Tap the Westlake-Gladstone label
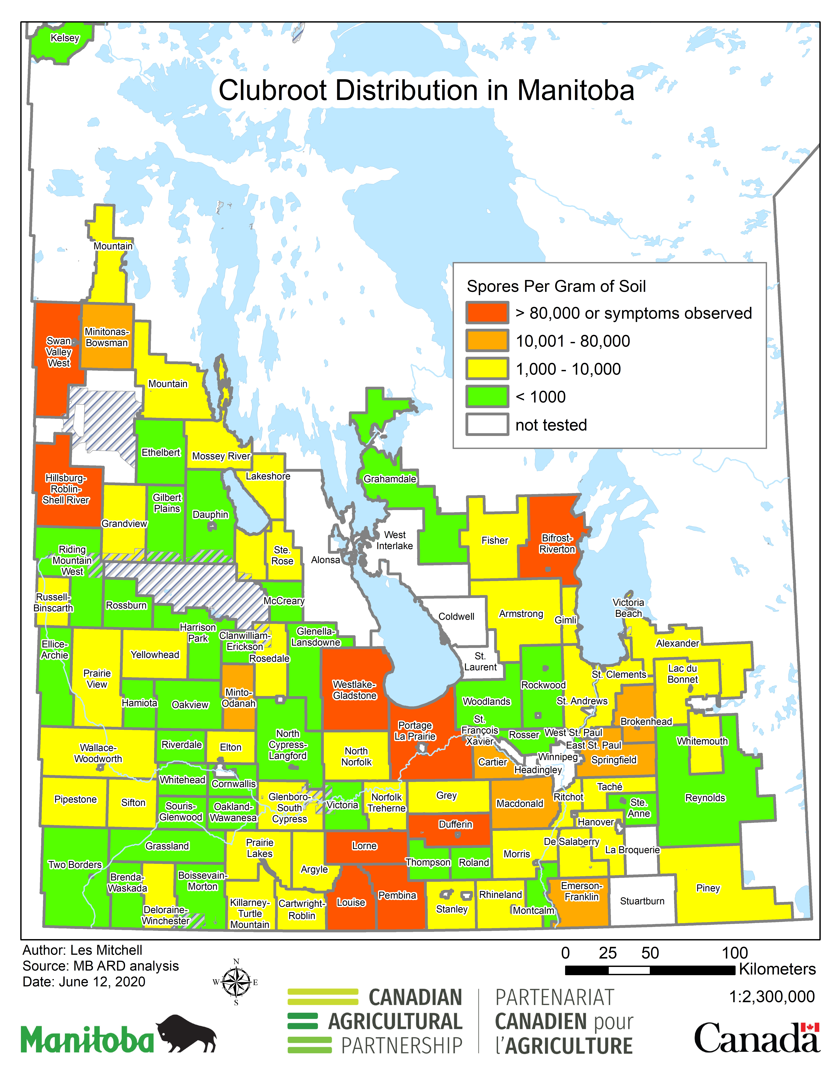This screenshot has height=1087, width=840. tap(354, 690)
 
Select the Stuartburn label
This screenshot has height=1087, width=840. tap(642, 901)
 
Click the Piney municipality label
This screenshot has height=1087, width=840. tap(708, 888)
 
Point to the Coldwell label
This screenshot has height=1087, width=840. tap(456, 616)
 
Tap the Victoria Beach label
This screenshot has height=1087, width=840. tap(628, 608)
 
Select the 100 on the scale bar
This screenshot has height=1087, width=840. tap(734, 953)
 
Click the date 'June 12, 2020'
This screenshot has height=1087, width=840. tap(102, 981)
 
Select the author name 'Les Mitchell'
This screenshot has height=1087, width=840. tap(106, 950)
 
